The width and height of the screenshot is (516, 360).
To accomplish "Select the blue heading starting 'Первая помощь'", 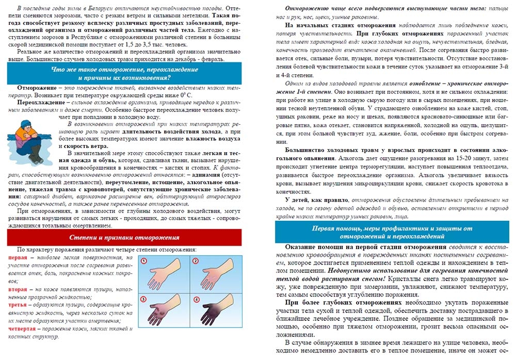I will (x=392, y=232).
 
